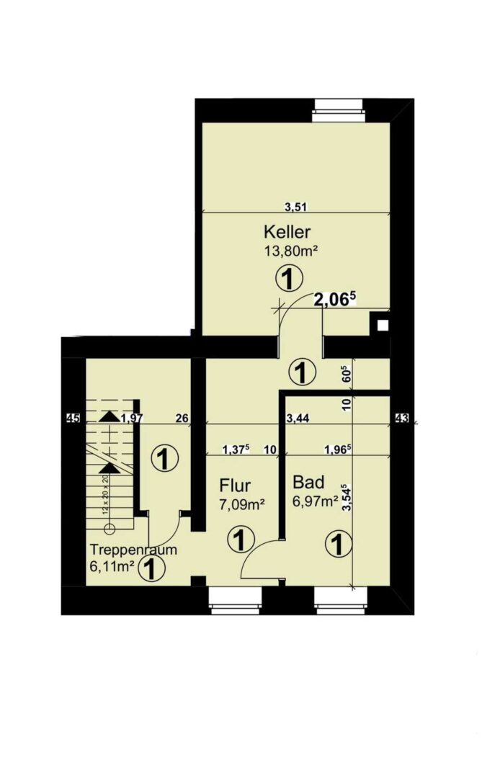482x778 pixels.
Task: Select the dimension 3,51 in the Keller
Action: pos(295,207)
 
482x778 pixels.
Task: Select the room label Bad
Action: pos(308,481)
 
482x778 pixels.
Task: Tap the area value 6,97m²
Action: pos(316,500)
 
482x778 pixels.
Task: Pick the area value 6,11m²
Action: pos(112,566)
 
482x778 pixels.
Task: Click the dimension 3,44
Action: pos(298,417)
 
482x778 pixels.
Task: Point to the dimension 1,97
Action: pos(132,417)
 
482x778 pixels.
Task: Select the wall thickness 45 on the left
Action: pos(72,417)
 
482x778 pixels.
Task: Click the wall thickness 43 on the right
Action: pos(401,417)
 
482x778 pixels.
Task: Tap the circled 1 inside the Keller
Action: pos(289,277)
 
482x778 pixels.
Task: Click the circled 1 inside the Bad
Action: pos(336,544)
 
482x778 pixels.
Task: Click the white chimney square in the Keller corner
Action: pos(383,325)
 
